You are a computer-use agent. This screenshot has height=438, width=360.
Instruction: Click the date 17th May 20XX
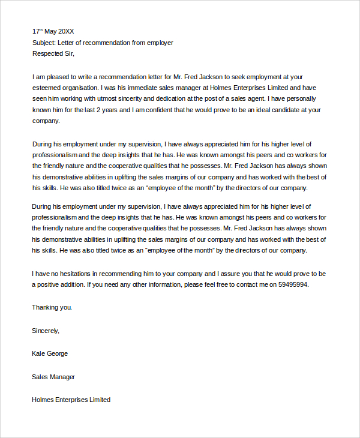point(53,31)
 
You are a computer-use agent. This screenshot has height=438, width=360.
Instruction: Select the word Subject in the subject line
point(43,43)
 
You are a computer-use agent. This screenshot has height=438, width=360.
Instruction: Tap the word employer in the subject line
point(159,43)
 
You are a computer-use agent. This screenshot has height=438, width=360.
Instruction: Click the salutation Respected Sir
point(53,54)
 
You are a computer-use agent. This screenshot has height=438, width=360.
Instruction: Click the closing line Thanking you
point(52,308)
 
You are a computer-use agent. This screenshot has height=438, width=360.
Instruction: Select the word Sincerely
point(46,331)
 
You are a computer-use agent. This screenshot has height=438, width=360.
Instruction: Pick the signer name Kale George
point(50,354)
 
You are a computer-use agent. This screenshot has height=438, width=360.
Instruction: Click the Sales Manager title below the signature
point(53,377)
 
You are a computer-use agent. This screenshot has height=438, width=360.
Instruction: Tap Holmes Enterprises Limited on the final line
point(71,400)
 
